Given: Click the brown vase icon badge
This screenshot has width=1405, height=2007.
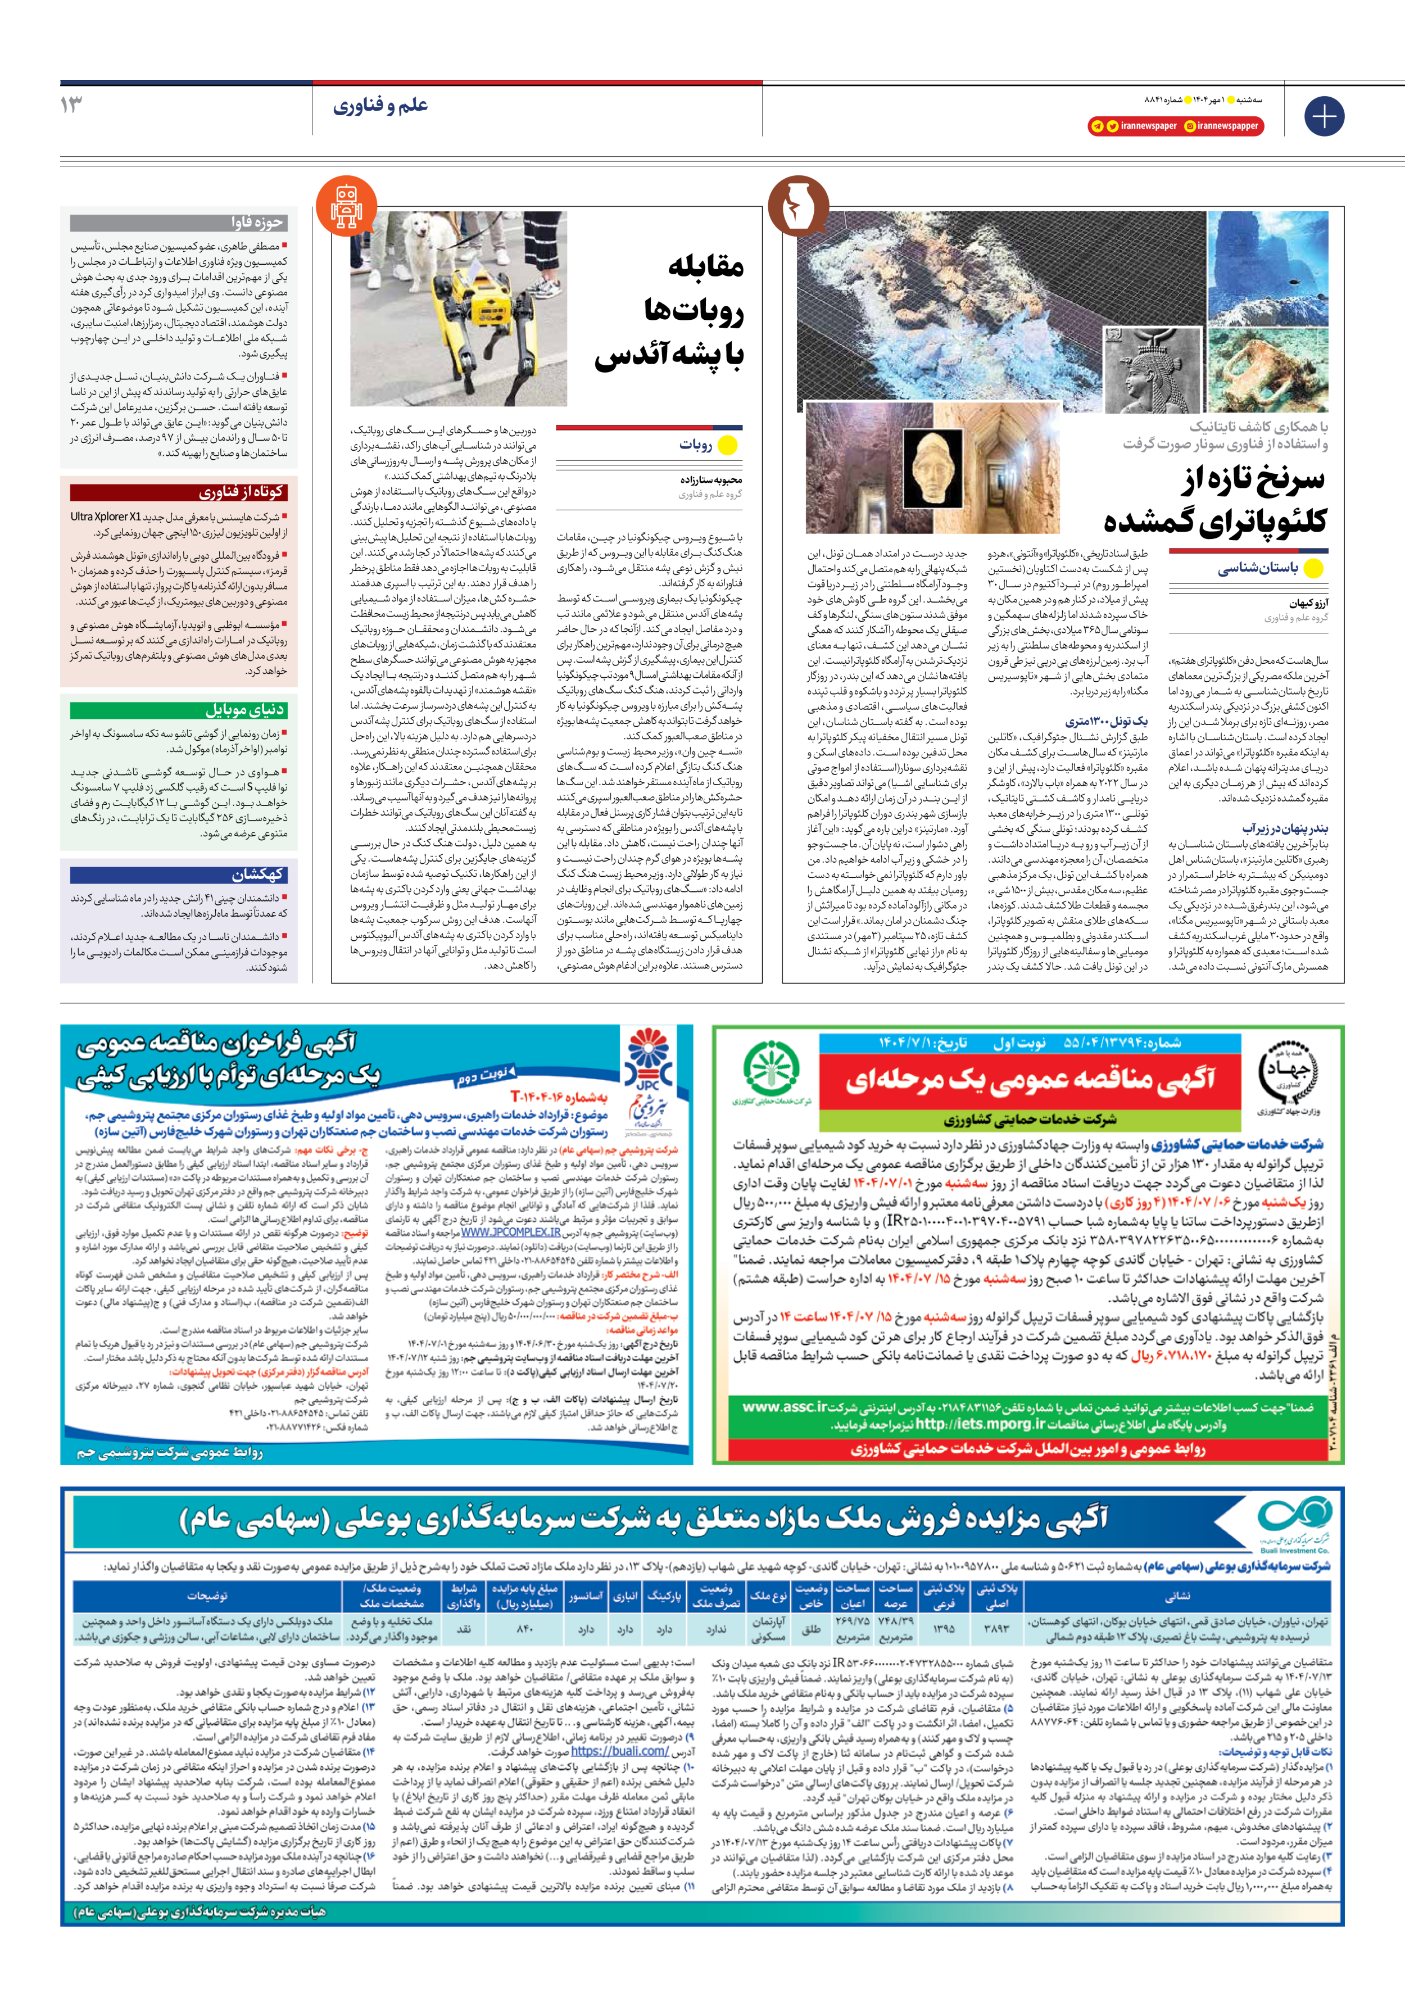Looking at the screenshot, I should tap(797, 206).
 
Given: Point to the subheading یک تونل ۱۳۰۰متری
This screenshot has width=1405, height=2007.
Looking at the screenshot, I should tap(1106, 722).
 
